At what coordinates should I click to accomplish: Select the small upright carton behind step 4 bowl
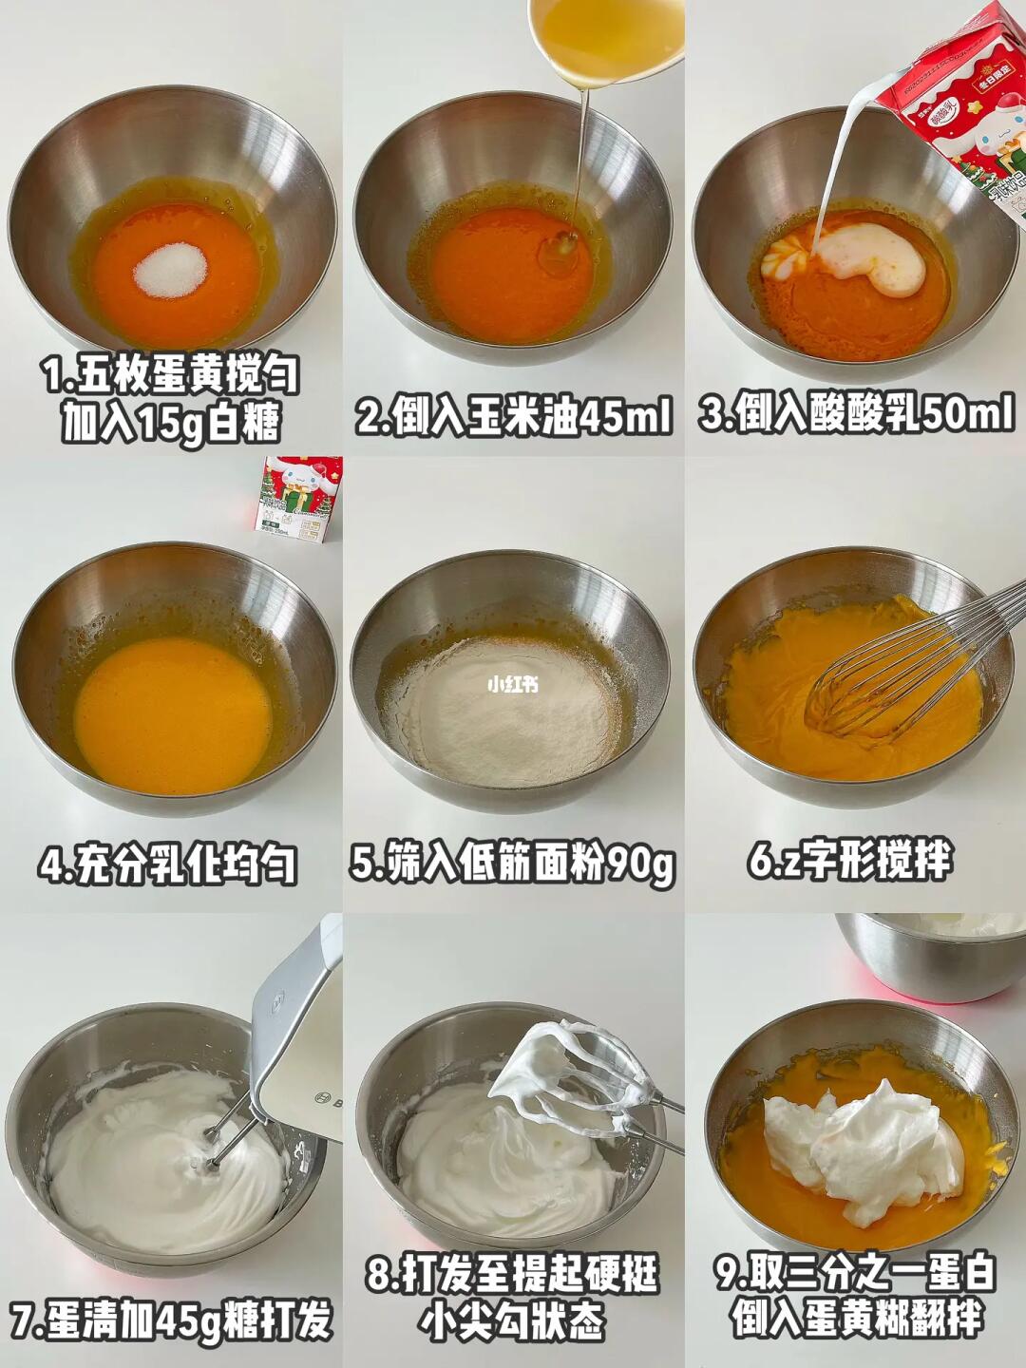pos(297,499)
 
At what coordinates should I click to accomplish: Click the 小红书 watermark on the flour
pos(513,685)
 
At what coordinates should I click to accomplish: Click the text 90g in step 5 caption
pos(640,864)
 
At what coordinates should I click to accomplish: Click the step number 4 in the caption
pos(51,864)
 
